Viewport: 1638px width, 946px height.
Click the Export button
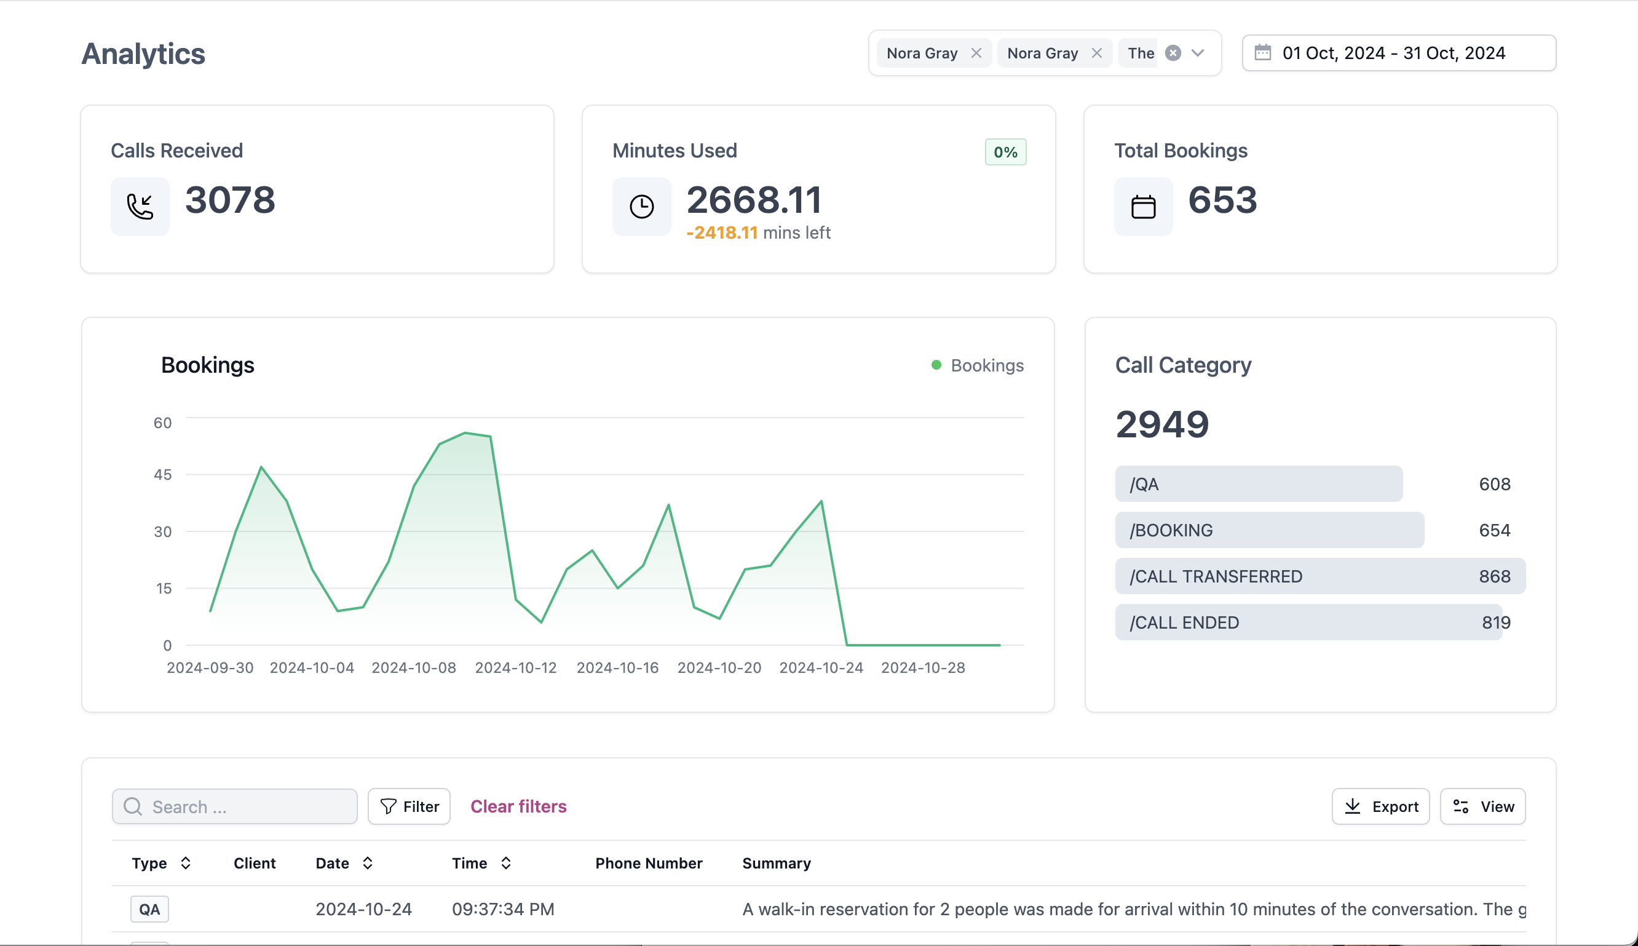coord(1380,806)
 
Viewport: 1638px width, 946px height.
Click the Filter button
coord(409,806)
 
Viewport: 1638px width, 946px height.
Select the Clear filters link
coord(518,806)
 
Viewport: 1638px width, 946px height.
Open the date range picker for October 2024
coord(1398,54)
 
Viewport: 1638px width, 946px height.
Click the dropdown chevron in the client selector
coord(1198,54)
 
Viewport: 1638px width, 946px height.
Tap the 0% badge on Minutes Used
coord(1005,152)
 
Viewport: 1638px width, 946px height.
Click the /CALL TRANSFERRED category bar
coord(1319,576)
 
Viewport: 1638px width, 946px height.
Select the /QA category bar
coord(1258,484)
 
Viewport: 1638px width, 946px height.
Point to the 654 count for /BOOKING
coord(1494,530)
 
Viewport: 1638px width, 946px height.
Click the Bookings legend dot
coord(936,365)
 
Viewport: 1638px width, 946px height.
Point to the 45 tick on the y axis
coord(163,474)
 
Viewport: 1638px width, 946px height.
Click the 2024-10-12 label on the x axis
coord(516,668)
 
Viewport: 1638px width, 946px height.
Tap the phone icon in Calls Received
coord(140,207)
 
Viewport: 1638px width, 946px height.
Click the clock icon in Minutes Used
coord(641,207)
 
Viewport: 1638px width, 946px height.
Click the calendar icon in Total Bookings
coord(1143,207)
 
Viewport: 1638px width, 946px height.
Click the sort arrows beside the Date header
coord(368,863)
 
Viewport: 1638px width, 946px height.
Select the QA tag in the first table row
coord(149,909)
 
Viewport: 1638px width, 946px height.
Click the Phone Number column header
coord(648,863)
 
